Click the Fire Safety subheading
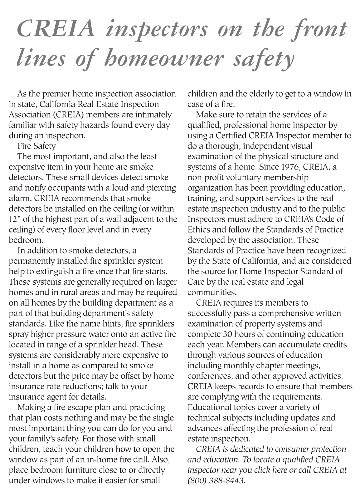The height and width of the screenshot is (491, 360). tap(36, 146)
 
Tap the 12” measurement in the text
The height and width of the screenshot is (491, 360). tap(15, 219)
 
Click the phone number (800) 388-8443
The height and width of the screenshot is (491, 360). tap(216, 480)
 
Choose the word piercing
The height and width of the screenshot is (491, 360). tap(160, 188)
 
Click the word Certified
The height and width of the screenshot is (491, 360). tap(231, 136)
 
